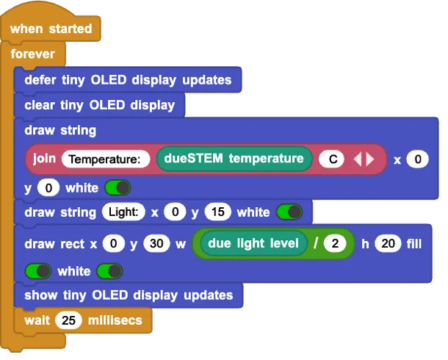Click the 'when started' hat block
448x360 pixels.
tap(51, 29)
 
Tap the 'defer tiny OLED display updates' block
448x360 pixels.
tap(127, 80)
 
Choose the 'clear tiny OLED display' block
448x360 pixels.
tap(99, 105)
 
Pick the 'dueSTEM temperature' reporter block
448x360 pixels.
tap(233, 159)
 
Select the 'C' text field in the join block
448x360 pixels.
tap(332, 159)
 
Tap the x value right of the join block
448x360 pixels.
tap(417, 159)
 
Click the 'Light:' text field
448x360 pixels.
tap(123, 212)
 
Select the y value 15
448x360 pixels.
tap(217, 212)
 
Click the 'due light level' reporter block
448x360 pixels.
tap(253, 243)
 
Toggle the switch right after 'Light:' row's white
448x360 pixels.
tap(289, 212)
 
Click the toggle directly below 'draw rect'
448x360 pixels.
tap(38, 271)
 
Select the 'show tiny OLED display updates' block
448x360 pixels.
tap(129, 295)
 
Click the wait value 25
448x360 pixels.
tap(68, 321)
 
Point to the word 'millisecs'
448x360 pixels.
tap(115, 321)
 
